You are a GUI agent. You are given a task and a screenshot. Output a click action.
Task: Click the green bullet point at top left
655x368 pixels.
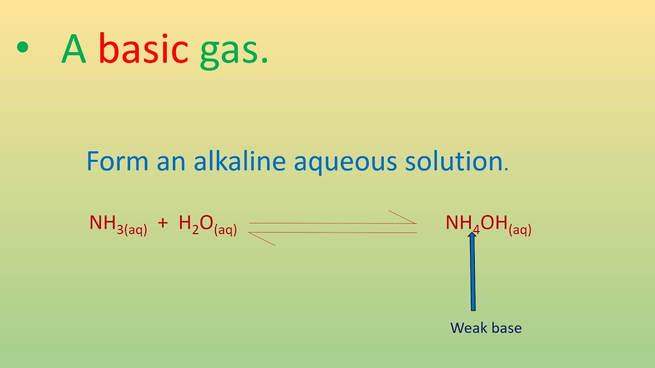tap(23, 48)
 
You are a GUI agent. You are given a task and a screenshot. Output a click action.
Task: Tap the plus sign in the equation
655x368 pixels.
tap(163, 223)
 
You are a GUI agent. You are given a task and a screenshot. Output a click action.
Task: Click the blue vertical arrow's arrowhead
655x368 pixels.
tap(472, 237)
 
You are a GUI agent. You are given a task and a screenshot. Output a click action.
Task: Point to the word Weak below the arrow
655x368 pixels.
tap(467, 328)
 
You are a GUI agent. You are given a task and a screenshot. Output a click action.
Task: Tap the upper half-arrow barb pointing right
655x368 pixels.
tap(402, 217)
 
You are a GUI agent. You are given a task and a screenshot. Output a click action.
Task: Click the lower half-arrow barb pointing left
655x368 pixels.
tap(262, 239)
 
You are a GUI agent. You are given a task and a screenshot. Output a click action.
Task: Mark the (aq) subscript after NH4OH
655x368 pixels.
tap(520, 230)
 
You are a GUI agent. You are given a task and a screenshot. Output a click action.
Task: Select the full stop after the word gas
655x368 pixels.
tap(264, 61)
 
